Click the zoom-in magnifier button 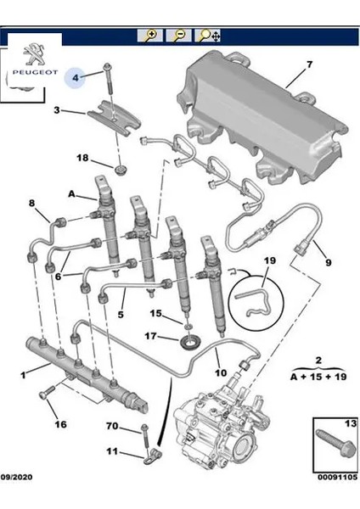click(x=150, y=35)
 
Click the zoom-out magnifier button click(x=178, y=35)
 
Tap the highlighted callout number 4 click(x=76, y=77)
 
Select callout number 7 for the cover click(x=309, y=64)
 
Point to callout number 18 click(x=82, y=158)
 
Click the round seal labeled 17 click(x=188, y=343)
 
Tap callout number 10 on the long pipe click(x=221, y=372)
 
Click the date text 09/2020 click(x=16, y=477)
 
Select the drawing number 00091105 click(x=337, y=477)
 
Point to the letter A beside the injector click(x=71, y=194)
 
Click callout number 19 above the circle click(x=269, y=260)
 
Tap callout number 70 click(x=112, y=426)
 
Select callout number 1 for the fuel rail click(x=23, y=375)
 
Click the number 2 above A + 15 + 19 click(x=318, y=360)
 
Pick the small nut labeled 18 click(x=121, y=171)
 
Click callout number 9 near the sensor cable click(x=328, y=262)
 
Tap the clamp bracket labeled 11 click(x=152, y=455)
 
